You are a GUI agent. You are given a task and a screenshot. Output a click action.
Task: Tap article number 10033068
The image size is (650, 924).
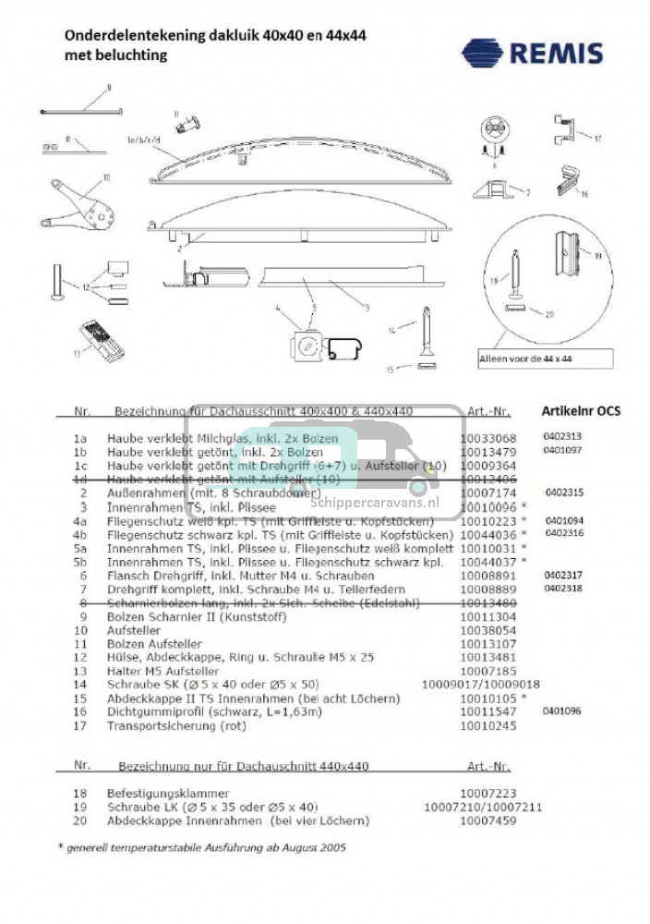[487, 438]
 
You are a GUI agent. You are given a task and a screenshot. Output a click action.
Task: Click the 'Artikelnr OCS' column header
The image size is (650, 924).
[580, 410]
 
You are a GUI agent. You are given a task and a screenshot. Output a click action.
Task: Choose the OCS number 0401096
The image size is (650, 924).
[562, 711]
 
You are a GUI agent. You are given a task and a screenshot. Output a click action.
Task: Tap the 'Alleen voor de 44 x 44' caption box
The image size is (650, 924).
[545, 359]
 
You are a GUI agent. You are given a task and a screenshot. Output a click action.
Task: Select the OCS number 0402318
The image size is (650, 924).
[562, 588]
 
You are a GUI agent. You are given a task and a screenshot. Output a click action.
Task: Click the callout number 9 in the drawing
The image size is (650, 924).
[108, 87]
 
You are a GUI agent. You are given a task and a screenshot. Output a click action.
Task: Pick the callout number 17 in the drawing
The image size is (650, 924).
[597, 139]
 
